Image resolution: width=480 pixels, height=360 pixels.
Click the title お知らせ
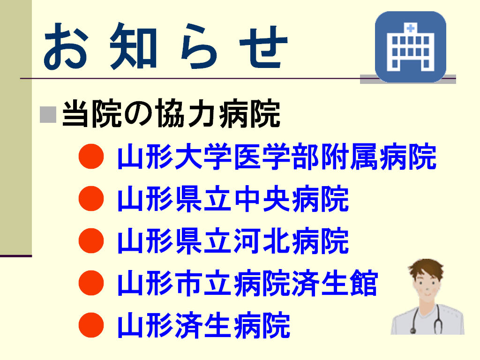click(x=165, y=46)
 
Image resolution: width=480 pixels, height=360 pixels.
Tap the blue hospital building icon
click(x=410, y=47)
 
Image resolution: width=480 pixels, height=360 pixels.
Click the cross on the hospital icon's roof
click(x=411, y=29)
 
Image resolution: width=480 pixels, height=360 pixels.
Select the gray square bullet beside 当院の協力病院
click(x=48, y=114)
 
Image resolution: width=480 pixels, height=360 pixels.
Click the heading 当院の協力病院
click(x=171, y=113)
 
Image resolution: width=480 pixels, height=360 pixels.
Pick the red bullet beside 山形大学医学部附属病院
click(x=91, y=156)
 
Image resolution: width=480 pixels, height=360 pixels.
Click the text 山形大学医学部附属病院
click(x=277, y=157)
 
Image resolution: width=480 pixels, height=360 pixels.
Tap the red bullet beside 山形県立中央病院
click(x=91, y=198)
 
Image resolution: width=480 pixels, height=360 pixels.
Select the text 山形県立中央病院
click(x=233, y=199)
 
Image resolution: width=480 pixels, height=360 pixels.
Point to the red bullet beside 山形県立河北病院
click(x=91, y=240)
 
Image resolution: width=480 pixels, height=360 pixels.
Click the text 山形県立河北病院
click(x=233, y=241)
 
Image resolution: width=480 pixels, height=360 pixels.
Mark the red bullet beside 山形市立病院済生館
click(x=91, y=283)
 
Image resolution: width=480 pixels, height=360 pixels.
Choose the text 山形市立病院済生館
click(x=247, y=283)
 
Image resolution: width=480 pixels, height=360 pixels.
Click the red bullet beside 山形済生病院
click(x=91, y=325)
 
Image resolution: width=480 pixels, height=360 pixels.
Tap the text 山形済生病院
click(x=203, y=325)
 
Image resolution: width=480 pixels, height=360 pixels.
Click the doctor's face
click(x=427, y=286)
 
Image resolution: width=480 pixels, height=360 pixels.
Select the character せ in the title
click(x=263, y=47)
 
